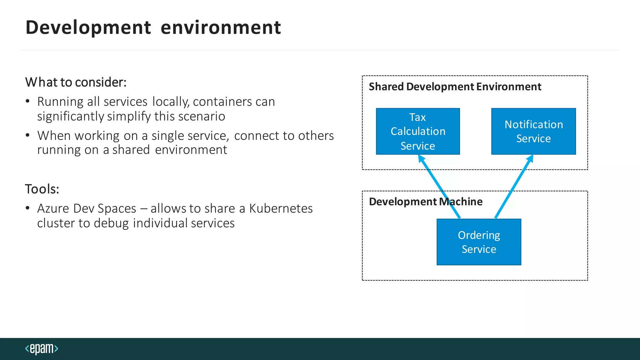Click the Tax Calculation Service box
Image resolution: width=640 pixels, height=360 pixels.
click(418, 131)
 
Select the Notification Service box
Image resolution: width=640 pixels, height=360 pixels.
click(533, 131)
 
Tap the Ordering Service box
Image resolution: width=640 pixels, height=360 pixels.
click(479, 242)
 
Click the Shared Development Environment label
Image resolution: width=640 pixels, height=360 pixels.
click(455, 87)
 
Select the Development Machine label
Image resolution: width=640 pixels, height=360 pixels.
click(426, 202)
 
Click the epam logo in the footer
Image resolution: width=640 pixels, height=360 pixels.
click(42, 348)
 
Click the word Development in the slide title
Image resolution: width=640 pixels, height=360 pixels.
click(88, 27)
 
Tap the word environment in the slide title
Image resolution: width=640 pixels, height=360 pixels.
click(221, 27)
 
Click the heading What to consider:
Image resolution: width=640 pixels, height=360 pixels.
click(76, 82)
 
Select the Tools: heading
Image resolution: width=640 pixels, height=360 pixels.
click(42, 189)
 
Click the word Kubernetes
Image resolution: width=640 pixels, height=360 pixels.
click(281, 208)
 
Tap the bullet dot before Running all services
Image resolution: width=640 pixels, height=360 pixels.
click(28, 101)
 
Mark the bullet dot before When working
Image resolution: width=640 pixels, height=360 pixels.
click(28, 135)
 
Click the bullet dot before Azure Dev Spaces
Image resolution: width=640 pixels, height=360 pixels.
click(28, 208)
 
